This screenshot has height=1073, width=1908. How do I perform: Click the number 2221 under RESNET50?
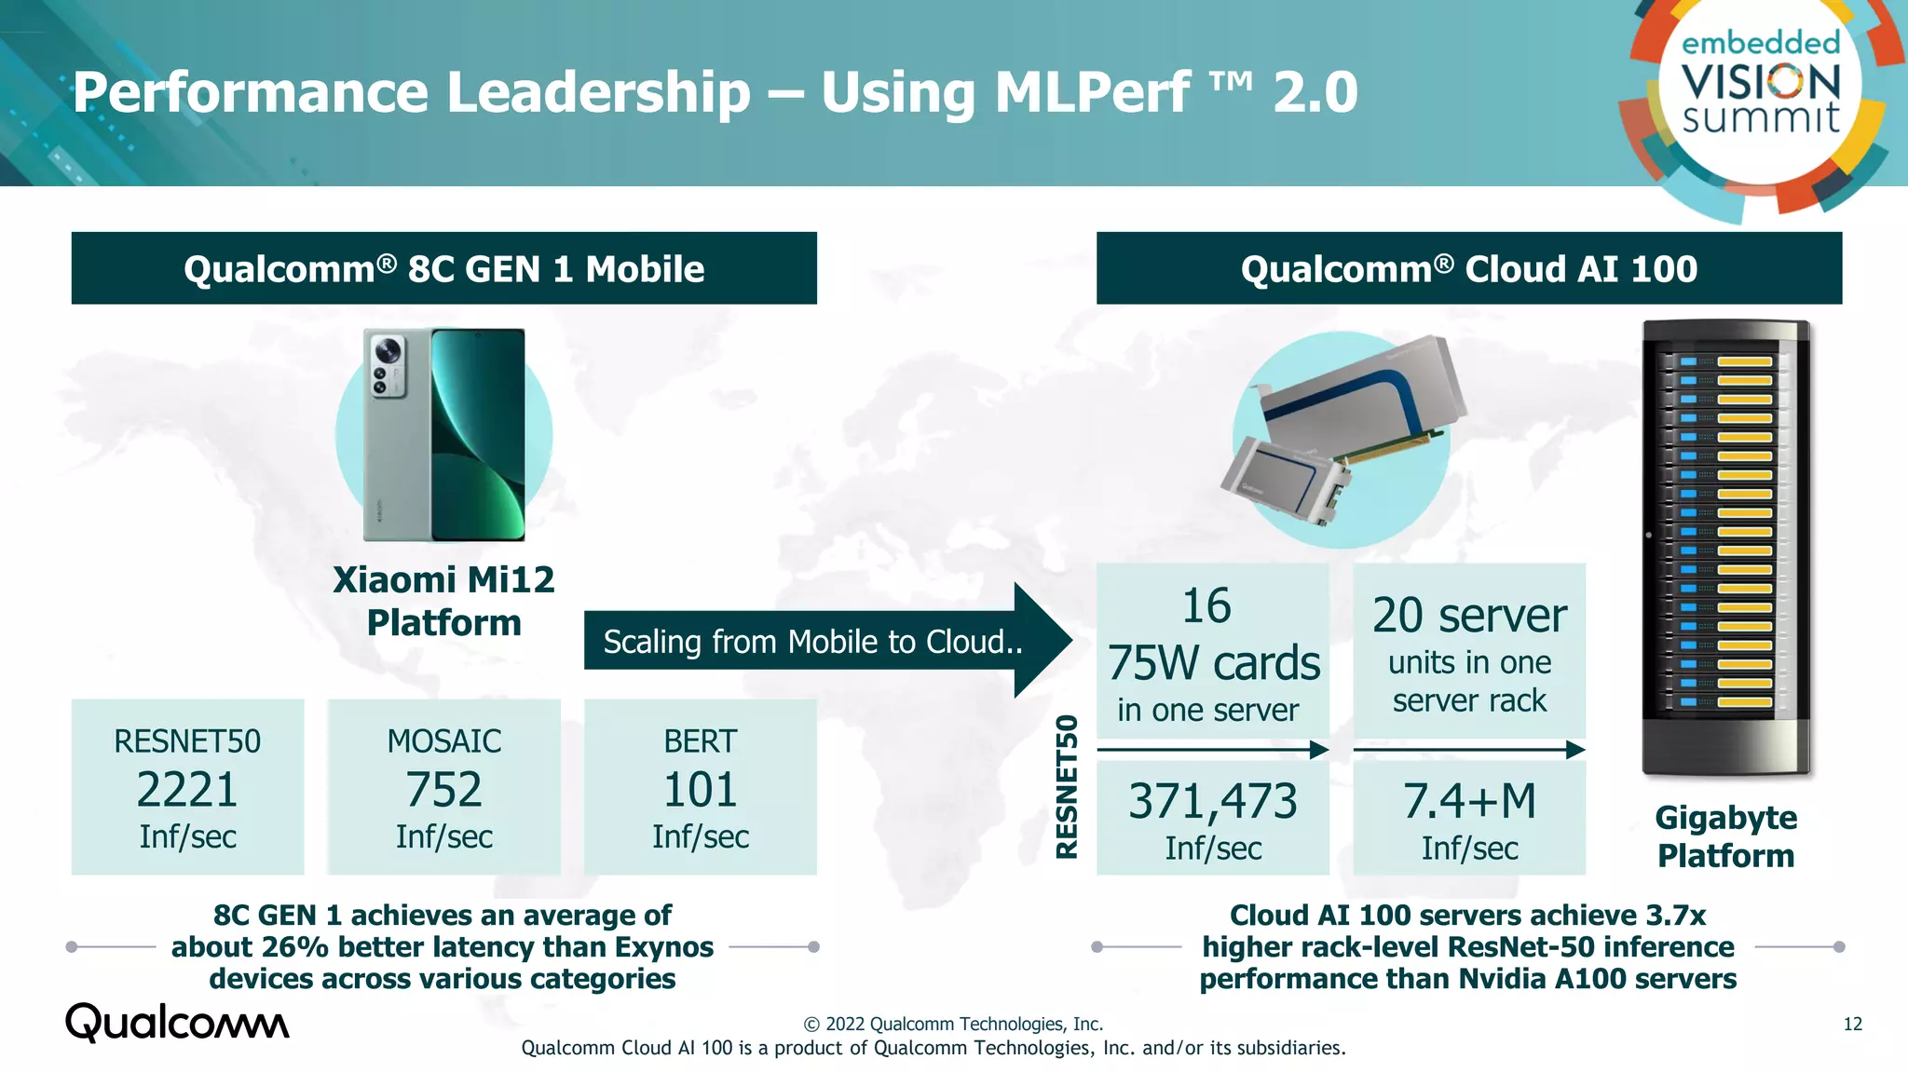click(x=187, y=790)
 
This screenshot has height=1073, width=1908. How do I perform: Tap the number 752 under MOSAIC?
click(x=443, y=790)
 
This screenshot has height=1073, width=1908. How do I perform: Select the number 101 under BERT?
click(x=700, y=790)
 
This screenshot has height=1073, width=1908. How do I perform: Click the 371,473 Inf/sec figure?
click(x=1212, y=802)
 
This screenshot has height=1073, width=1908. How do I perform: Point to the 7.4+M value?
click(x=1469, y=802)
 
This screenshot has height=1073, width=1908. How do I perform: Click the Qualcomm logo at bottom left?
click(x=177, y=1023)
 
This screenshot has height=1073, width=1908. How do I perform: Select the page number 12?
click(x=1852, y=1025)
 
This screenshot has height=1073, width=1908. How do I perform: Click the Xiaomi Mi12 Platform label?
click(x=443, y=601)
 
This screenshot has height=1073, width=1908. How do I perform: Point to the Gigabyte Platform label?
click(x=1725, y=836)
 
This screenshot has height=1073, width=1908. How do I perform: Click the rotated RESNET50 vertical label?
click(x=1067, y=787)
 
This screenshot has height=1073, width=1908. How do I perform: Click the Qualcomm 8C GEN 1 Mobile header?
click(x=443, y=269)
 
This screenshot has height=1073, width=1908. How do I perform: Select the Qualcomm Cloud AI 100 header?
click(x=1468, y=269)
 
